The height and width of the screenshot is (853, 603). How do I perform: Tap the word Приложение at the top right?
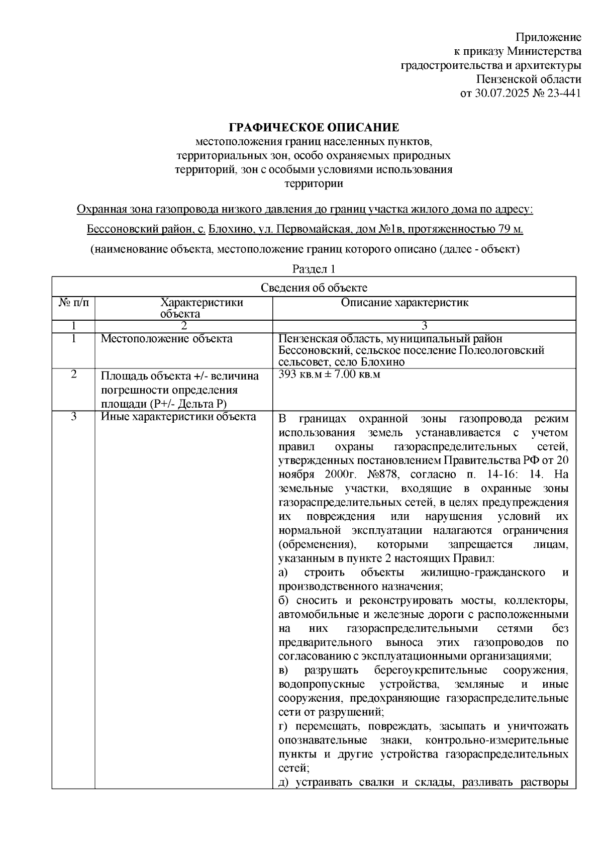[x=549, y=37]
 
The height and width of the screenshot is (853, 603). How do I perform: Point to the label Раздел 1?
[x=314, y=269]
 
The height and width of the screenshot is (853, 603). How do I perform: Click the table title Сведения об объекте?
[x=314, y=288]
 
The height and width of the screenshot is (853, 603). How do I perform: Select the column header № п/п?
[x=73, y=303]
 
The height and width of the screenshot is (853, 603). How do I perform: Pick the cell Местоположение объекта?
[x=167, y=339]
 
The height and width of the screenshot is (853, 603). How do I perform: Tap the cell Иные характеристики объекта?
[x=178, y=417]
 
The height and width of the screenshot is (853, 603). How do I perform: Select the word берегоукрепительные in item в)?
[x=430, y=671]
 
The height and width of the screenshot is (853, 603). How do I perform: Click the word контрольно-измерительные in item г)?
[x=496, y=740]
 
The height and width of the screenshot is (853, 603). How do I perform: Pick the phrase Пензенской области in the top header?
[x=529, y=79]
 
